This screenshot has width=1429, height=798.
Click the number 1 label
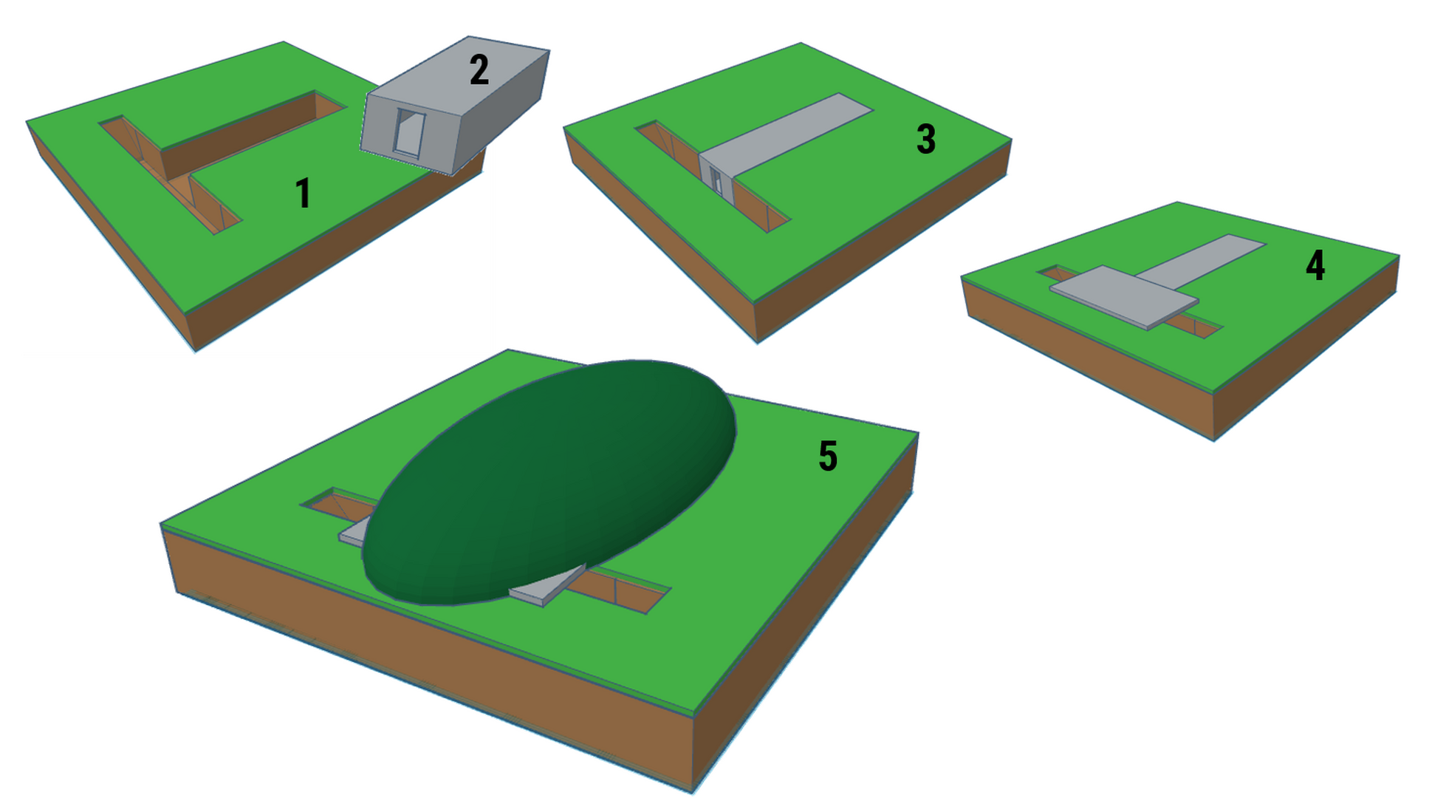coord(303,194)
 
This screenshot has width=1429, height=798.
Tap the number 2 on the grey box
coord(479,70)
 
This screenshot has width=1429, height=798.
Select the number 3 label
coord(926,139)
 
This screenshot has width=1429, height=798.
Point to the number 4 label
coord(1315,265)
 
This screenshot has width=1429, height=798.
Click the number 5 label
coord(828,456)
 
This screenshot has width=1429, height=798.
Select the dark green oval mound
coord(549,482)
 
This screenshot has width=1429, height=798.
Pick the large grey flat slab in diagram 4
coord(1123,296)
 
